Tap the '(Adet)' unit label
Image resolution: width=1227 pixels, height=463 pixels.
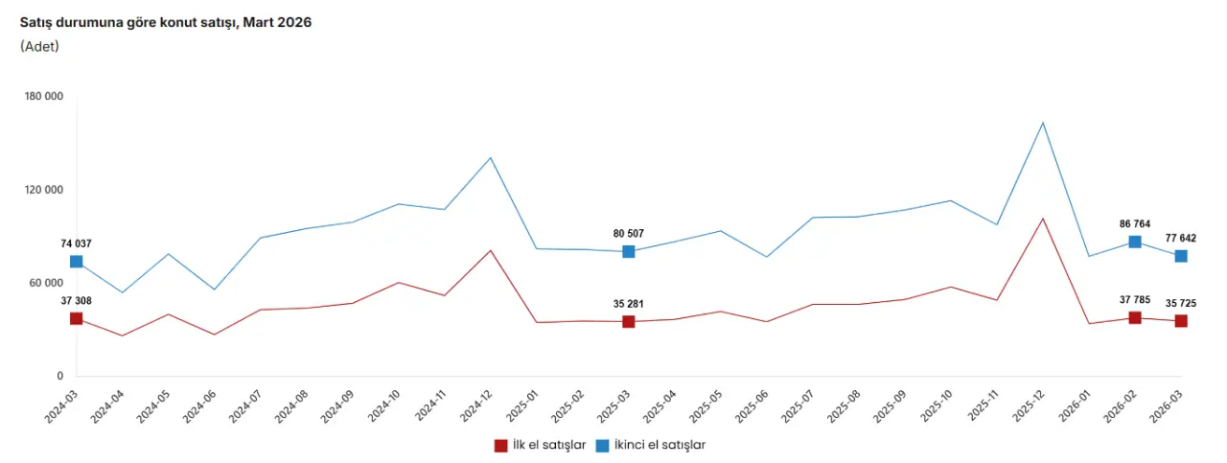tap(39, 46)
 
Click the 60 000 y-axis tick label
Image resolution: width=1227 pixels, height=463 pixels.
tap(44, 283)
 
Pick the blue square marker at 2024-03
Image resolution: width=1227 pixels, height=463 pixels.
tap(76, 262)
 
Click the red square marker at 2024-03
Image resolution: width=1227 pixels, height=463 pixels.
tap(76, 318)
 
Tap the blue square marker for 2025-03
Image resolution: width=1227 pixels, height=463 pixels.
tap(629, 251)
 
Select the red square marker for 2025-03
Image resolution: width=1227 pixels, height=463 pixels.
tap(629, 322)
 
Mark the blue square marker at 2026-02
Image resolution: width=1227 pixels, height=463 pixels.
tap(1135, 242)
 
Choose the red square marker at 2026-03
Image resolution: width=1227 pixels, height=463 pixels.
tap(1181, 321)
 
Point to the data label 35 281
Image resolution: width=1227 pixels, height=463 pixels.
tap(629, 304)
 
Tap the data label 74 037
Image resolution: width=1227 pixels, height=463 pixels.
tap(77, 243)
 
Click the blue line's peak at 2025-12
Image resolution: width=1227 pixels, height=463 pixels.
tap(1043, 123)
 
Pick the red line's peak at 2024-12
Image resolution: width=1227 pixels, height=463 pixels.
tap(491, 250)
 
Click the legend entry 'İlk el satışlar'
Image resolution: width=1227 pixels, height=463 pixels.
tap(541, 445)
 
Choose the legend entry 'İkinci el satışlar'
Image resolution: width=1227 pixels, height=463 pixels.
tap(651, 445)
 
